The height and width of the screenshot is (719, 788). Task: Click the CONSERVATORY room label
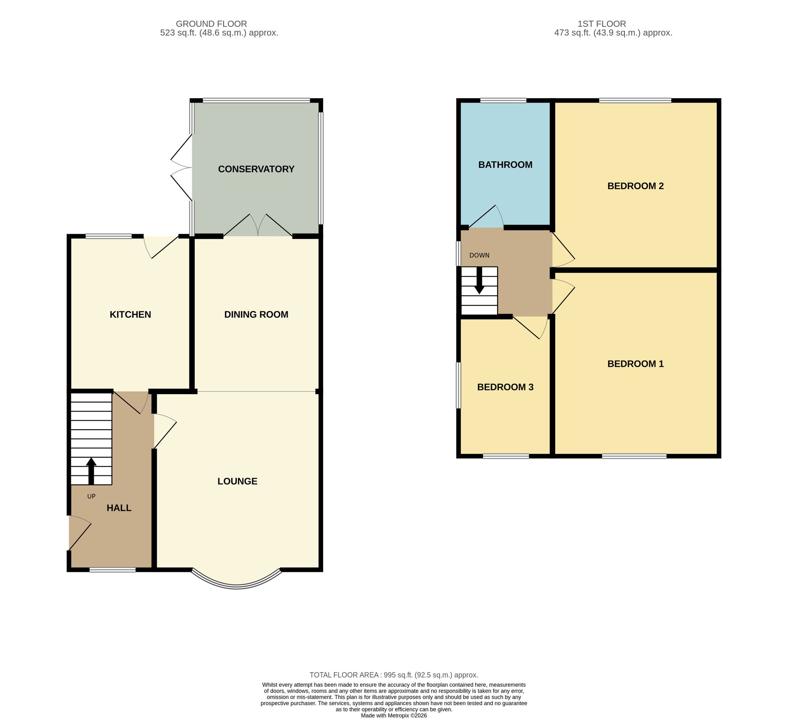point(256,169)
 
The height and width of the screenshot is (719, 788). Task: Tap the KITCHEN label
point(130,315)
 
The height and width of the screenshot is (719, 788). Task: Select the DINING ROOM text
point(256,315)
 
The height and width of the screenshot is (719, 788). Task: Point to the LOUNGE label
point(237,481)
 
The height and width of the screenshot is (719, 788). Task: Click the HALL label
point(119,508)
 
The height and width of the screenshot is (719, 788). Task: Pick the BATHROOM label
point(505,165)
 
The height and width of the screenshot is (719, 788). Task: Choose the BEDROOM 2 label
point(636,186)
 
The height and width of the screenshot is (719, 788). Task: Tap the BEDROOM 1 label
point(636,364)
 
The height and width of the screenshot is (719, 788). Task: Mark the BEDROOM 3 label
point(505,387)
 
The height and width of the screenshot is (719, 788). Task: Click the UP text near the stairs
point(91,496)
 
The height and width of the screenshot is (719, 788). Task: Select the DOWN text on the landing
point(479,255)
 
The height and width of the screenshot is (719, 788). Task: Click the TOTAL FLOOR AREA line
point(394,675)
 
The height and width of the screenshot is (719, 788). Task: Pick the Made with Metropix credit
point(394,715)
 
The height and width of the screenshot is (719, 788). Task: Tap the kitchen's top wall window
point(108,237)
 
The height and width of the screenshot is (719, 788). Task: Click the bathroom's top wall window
point(503,101)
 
